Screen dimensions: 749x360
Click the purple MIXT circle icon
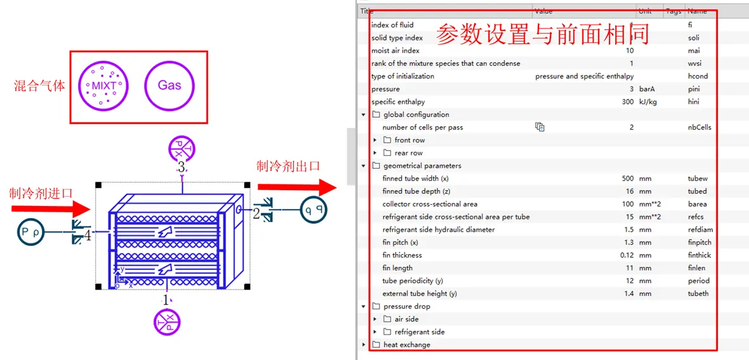click(x=103, y=86)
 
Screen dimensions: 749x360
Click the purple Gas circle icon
click(x=169, y=86)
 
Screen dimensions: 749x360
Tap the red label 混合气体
click(x=39, y=86)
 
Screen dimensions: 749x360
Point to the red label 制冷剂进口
click(x=41, y=193)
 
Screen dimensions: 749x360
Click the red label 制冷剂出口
click(x=288, y=166)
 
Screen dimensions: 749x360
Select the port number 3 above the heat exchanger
click(x=181, y=168)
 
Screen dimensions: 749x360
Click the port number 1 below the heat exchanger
click(x=167, y=300)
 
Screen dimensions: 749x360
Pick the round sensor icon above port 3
click(x=181, y=149)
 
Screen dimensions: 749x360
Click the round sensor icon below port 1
click(x=167, y=322)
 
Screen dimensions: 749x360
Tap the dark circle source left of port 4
click(x=30, y=233)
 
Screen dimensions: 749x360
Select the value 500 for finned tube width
click(x=627, y=179)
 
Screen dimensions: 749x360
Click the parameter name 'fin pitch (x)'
click(x=404, y=243)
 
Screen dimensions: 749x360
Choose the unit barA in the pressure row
click(x=648, y=89)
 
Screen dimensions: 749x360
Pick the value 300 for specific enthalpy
click(x=627, y=102)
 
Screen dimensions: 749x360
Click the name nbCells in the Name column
click(x=700, y=127)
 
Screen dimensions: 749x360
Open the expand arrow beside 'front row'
click(x=375, y=140)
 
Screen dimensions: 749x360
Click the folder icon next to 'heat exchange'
click(x=375, y=345)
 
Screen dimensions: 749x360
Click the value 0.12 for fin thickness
click(x=627, y=255)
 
